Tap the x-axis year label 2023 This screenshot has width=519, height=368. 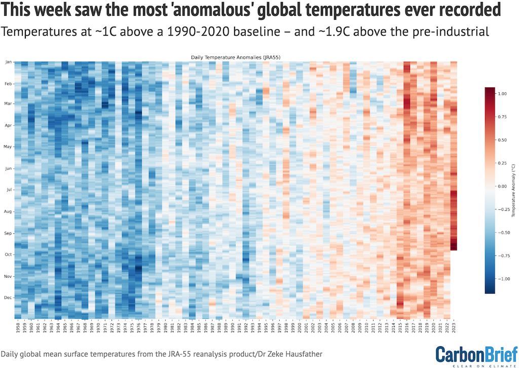tap(454, 327)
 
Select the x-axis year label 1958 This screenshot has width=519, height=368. tap(17, 327)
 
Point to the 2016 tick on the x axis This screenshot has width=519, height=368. tap(407, 327)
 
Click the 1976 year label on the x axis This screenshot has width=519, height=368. tap(138, 327)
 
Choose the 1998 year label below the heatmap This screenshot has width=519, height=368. tap(286, 327)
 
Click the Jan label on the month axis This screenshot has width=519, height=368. tap(8, 62)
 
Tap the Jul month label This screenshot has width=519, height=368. tap(9, 190)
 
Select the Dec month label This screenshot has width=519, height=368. tap(8, 298)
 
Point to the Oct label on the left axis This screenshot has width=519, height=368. tap(8, 254)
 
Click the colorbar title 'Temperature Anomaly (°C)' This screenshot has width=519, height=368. tap(513, 191)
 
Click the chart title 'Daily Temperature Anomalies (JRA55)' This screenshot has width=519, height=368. tap(236, 58)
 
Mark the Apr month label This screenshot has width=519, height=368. tap(8, 125)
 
